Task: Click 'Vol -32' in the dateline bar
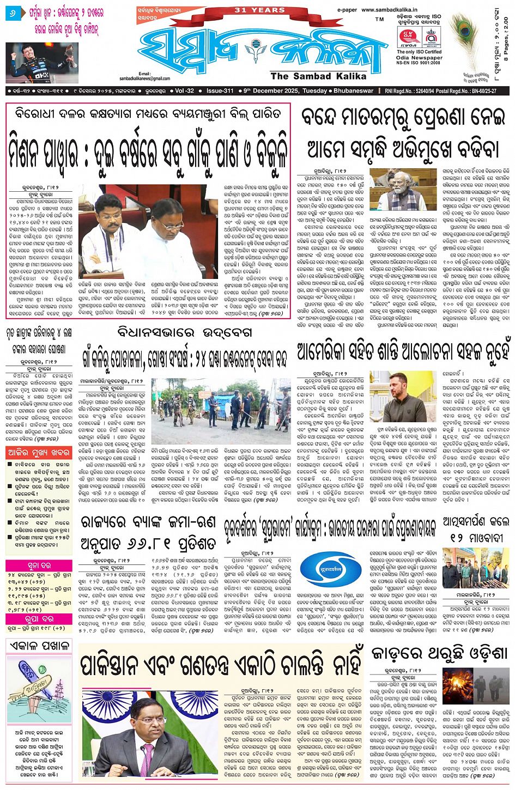coord(184,91)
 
